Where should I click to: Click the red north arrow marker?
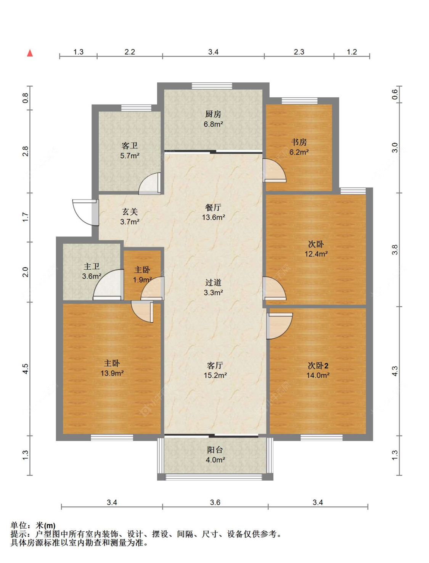30,53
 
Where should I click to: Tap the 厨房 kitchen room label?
213,114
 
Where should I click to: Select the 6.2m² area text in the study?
299,152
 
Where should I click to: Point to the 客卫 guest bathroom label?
130,146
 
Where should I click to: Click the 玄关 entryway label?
130,212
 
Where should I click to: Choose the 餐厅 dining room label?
213,208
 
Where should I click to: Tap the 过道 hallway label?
213,283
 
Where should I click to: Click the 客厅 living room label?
215,365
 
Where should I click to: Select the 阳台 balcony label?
215,450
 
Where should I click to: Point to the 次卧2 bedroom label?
318,365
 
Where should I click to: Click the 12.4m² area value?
316,254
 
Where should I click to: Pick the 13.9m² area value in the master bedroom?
112,373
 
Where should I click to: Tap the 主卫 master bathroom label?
92,267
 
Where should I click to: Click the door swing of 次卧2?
279,326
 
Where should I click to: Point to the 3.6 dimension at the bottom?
215,502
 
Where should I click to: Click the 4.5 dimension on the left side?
25,369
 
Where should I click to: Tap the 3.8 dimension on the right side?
395,249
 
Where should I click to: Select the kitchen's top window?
212,86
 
